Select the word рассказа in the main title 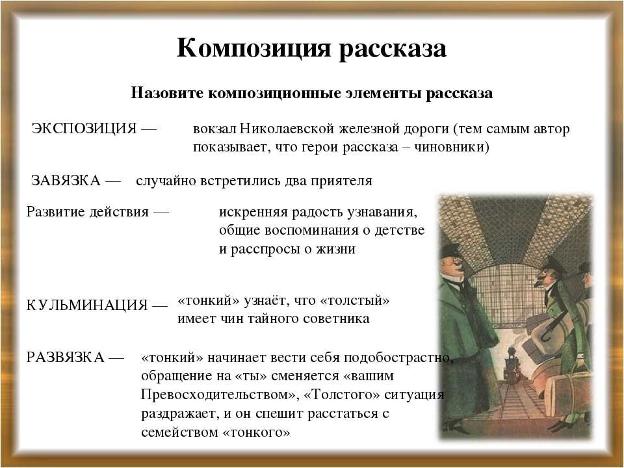[x=392, y=49]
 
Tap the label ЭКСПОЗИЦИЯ [x=84, y=129]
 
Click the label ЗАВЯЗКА [x=66, y=181]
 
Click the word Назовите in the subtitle [x=167, y=93]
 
